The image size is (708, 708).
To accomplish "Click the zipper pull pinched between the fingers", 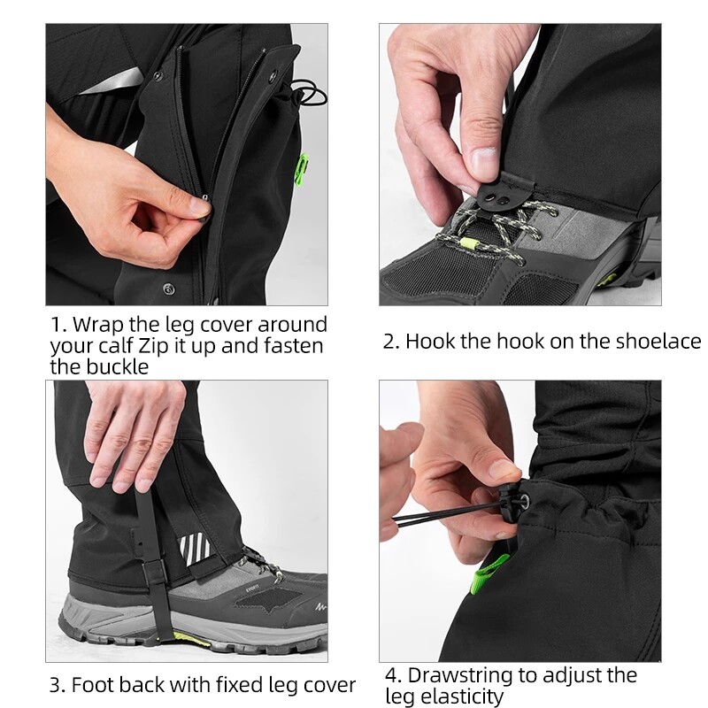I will point(204,205).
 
